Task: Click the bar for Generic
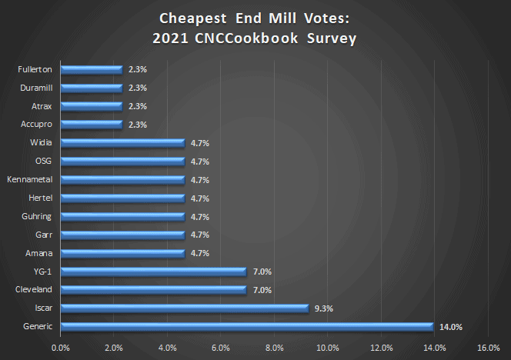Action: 246,327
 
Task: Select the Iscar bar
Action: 184,308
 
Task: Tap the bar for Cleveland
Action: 153,290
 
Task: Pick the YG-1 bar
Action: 153,272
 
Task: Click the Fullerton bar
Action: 91,69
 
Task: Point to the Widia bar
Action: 122,142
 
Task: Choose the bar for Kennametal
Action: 122,179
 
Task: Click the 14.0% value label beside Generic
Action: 450,327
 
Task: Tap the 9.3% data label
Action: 323,308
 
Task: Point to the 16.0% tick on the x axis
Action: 489,348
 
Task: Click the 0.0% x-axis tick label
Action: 60,348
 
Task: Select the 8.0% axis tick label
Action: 275,348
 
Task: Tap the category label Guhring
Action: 37,216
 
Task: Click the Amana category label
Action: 38,253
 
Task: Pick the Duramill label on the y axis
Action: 35,88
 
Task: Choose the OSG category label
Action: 43,161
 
